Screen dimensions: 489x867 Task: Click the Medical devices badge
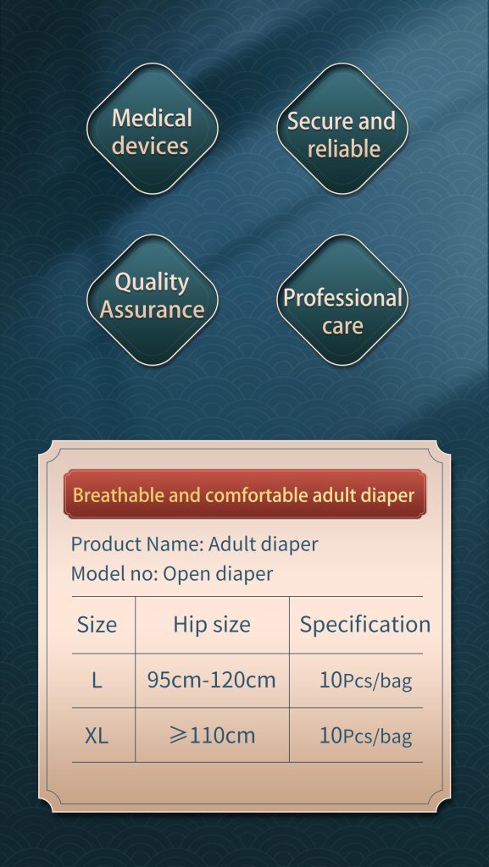pyautogui.click(x=153, y=129)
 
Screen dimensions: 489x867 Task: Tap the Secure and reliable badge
pyautogui.click(x=342, y=129)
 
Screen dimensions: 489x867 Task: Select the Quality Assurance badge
pyautogui.click(x=153, y=301)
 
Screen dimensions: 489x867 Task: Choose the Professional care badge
pyautogui.click(x=342, y=301)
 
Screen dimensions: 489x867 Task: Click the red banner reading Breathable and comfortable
pyautogui.click(x=244, y=494)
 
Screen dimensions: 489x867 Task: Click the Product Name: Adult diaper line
pyautogui.click(x=194, y=544)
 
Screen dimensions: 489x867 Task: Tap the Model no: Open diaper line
pyautogui.click(x=171, y=573)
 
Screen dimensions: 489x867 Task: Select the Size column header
pyautogui.click(x=97, y=625)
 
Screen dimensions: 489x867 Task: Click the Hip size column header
pyautogui.click(x=212, y=625)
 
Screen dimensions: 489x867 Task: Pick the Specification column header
pyautogui.click(x=365, y=625)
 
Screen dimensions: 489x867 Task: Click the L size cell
pyautogui.click(x=97, y=680)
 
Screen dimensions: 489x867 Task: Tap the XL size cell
pyautogui.click(x=97, y=736)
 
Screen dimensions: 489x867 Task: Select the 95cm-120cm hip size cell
pyautogui.click(x=211, y=680)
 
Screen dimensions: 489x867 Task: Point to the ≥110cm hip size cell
pyautogui.click(x=211, y=736)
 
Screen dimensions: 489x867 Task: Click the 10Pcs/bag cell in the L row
pyautogui.click(x=365, y=681)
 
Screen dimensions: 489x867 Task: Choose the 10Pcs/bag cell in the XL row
pyautogui.click(x=365, y=736)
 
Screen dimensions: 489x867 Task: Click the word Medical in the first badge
pyautogui.click(x=152, y=118)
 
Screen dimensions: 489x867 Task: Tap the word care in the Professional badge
pyautogui.click(x=343, y=326)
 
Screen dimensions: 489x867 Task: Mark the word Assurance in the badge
pyautogui.click(x=152, y=310)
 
